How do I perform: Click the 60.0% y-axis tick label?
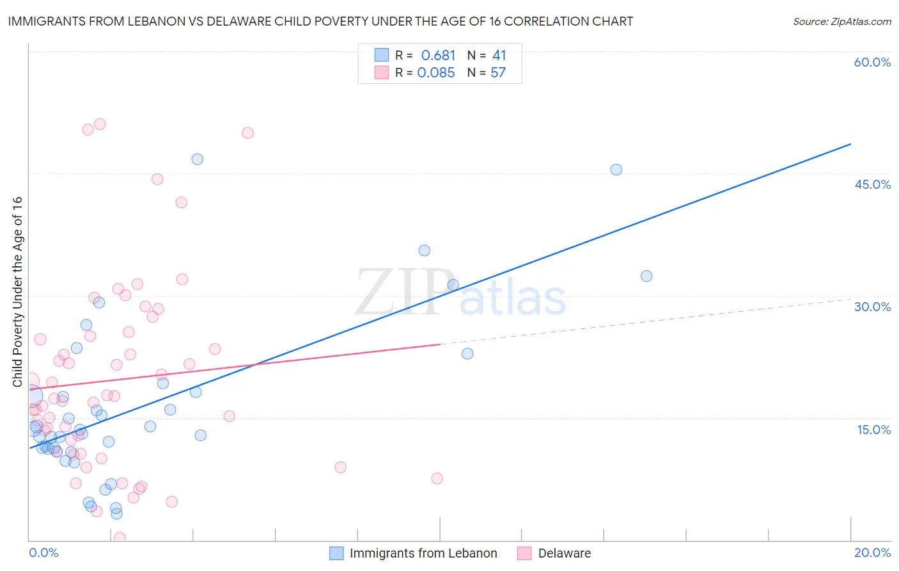click(x=872, y=62)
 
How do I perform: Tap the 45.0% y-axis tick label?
click(x=872, y=184)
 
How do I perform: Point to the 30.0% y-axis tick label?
click(x=872, y=307)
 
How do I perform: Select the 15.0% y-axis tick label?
click(x=873, y=430)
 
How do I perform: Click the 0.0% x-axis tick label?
click(x=43, y=552)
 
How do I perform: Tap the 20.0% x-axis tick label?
click(x=872, y=552)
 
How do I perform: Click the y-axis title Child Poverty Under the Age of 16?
click(x=17, y=291)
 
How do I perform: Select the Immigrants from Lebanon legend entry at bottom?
click(x=423, y=553)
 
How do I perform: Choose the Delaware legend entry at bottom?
click(x=564, y=553)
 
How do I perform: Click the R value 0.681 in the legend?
click(x=438, y=56)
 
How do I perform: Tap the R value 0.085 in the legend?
click(x=436, y=73)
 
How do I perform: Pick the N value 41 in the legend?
click(x=499, y=56)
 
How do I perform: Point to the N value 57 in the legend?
click(x=498, y=73)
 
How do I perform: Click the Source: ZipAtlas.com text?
click(x=841, y=22)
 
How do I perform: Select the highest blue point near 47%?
click(x=197, y=159)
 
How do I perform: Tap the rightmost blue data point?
click(x=646, y=276)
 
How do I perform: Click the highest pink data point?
click(x=100, y=124)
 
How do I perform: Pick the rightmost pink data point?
click(x=437, y=478)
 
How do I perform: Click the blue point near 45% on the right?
click(x=616, y=170)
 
